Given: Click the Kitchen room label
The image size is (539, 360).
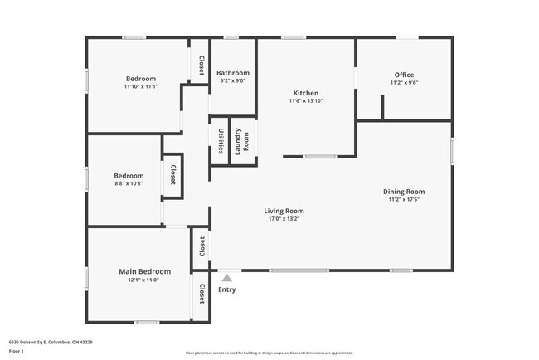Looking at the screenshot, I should click(x=306, y=93).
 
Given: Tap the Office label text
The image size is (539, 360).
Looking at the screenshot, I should click(x=404, y=75).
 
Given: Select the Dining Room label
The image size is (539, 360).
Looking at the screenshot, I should click(x=404, y=192).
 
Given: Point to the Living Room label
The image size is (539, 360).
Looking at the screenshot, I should click(x=284, y=211).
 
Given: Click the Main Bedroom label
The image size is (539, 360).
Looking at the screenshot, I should click(x=144, y=271).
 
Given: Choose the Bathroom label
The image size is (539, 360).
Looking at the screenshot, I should click(x=232, y=73).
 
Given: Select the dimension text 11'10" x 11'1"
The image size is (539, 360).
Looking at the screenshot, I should click(x=140, y=86).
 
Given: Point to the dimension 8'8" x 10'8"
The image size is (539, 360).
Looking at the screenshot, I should click(x=129, y=183).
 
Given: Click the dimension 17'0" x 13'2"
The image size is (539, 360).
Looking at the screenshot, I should click(x=284, y=219).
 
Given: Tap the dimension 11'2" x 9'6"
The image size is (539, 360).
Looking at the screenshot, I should click(x=404, y=83).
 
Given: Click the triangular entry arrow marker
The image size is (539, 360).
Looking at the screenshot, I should click(x=226, y=277).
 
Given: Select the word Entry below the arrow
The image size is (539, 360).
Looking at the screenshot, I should click(x=226, y=289).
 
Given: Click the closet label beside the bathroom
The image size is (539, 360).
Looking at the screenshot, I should click(x=202, y=64).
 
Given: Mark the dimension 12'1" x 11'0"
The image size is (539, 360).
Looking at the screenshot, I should click(x=144, y=280).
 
